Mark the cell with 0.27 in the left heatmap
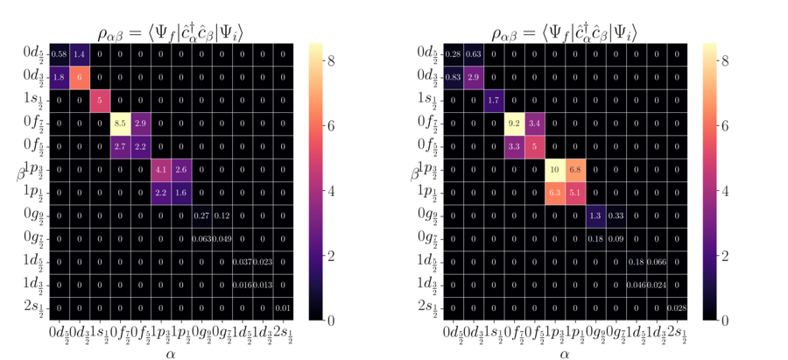201,215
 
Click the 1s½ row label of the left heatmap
31,101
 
